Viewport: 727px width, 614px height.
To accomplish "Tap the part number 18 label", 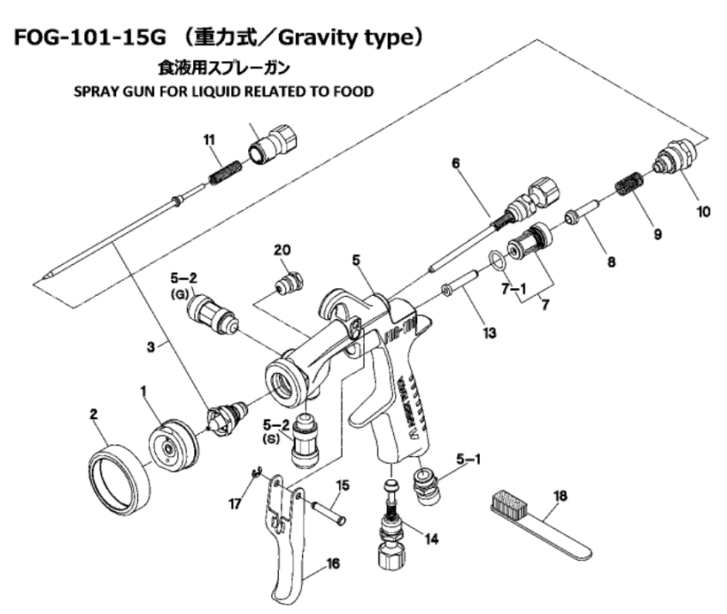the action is [560, 496].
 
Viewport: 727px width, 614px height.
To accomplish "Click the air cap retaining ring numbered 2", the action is [120, 479].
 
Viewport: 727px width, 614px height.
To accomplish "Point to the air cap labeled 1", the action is [173, 445].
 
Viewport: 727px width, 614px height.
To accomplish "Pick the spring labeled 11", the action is [225, 172].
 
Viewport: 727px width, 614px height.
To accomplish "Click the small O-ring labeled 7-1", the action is [495, 260].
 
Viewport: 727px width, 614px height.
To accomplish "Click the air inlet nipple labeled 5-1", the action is [426, 486].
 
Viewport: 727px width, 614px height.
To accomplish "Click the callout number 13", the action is [489, 333].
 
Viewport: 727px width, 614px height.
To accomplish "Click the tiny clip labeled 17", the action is [256, 473].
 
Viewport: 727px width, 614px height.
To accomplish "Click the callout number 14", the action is [431, 539].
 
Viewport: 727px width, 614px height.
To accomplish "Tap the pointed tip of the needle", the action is [45, 278].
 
